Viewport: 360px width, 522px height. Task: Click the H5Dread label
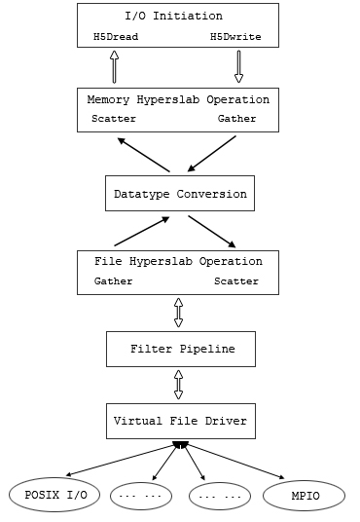click(116, 36)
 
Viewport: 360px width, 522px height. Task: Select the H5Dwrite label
click(235, 36)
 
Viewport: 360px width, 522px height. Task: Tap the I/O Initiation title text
click(174, 16)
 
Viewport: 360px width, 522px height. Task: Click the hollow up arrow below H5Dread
click(115, 66)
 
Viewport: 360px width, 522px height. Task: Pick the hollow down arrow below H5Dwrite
click(238, 66)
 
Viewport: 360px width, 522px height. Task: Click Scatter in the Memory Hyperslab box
click(114, 119)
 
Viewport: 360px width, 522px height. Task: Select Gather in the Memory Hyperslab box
click(236, 119)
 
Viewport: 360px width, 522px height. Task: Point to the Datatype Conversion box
click(180, 194)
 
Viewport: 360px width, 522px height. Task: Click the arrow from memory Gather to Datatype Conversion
click(211, 154)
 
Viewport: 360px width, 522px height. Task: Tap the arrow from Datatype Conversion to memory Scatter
click(144, 155)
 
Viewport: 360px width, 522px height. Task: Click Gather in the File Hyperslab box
click(114, 281)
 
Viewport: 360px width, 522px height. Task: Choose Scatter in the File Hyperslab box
click(236, 281)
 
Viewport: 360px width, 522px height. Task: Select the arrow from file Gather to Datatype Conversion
click(142, 232)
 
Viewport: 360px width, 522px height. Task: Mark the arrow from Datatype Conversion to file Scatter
click(212, 232)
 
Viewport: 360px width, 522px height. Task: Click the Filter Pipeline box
click(181, 350)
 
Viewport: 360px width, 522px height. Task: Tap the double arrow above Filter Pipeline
click(179, 313)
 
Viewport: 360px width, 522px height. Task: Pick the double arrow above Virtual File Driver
click(179, 385)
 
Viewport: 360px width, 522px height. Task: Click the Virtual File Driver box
click(181, 421)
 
